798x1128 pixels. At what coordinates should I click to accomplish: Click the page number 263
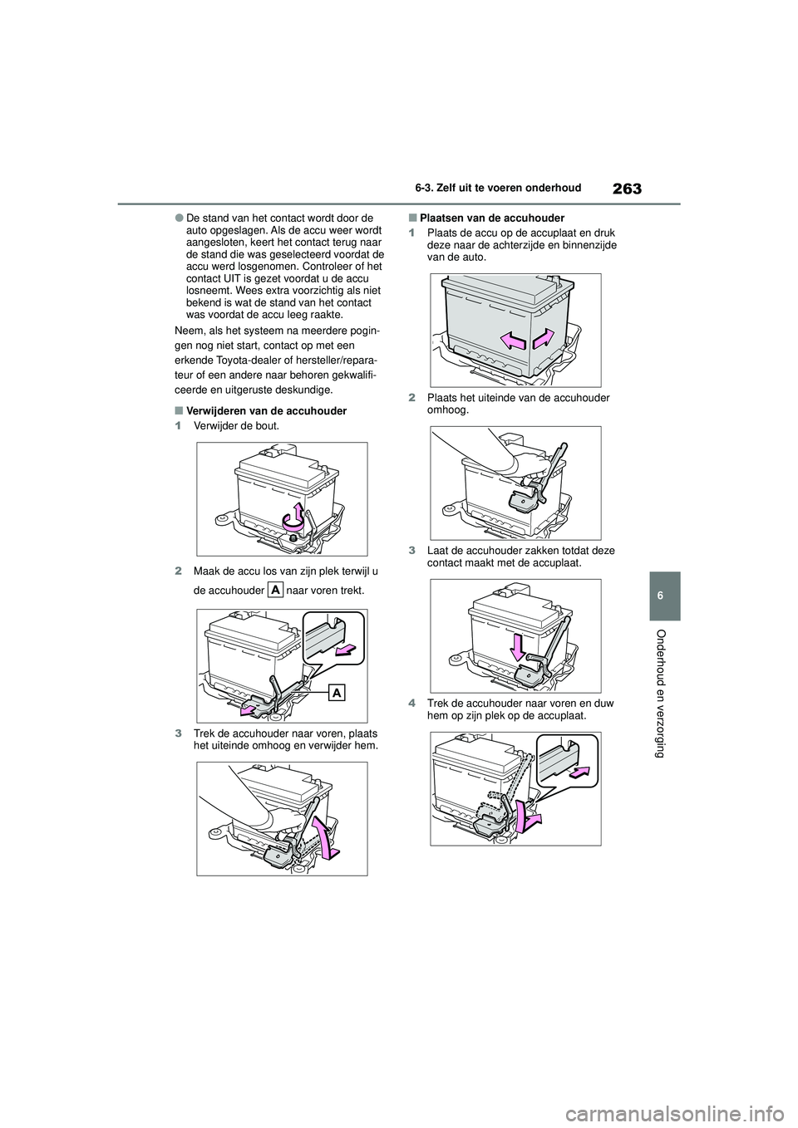tap(628, 189)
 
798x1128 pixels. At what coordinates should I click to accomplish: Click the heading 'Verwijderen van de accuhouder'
tap(266, 411)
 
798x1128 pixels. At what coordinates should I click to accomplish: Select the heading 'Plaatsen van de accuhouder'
tap(492, 218)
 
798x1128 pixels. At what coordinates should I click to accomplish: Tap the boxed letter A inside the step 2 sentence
tap(276, 589)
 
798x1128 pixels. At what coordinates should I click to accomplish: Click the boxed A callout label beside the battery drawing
tap(337, 693)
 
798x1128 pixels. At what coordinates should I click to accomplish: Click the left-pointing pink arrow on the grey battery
tap(514, 342)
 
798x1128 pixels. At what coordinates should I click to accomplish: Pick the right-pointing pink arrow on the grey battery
tap(544, 338)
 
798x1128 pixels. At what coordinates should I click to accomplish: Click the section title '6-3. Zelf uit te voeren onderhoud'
tap(498, 189)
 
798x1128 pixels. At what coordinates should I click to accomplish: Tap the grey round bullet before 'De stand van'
tap(179, 218)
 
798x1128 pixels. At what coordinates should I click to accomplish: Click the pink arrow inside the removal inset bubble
tap(343, 650)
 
